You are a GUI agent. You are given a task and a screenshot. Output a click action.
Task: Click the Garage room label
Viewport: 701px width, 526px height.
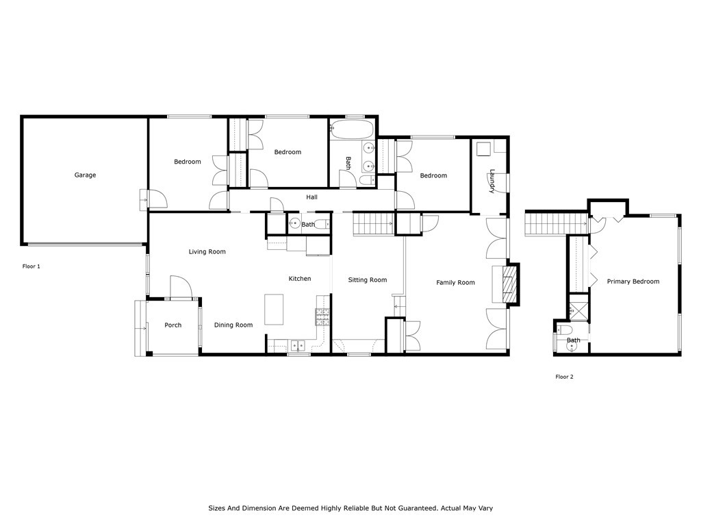[85, 175]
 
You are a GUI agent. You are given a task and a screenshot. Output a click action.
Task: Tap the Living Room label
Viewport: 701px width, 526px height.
[207, 252]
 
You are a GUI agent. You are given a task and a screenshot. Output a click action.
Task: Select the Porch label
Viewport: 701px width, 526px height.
[173, 325]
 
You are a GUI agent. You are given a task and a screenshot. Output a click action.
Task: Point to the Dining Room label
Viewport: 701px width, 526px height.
[233, 325]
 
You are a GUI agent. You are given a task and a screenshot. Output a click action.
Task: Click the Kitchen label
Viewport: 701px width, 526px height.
[300, 279]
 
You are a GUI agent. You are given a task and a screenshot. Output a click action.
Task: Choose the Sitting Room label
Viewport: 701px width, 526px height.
[368, 280]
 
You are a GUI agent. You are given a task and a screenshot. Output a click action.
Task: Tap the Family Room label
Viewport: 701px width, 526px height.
[455, 283]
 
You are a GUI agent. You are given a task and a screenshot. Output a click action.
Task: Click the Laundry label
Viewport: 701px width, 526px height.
[492, 181]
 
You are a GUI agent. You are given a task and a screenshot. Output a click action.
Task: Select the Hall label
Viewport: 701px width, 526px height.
[311, 197]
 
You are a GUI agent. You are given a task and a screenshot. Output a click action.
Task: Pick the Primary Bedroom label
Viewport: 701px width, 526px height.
[633, 281]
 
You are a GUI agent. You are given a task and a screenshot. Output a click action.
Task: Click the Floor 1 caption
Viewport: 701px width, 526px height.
[31, 266]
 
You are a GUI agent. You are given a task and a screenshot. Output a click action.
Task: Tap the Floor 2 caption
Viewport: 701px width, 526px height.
[564, 377]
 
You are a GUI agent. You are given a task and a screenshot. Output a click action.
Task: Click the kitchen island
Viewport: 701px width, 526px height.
[274, 309]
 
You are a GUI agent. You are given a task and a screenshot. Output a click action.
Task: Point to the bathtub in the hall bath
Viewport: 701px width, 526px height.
[352, 129]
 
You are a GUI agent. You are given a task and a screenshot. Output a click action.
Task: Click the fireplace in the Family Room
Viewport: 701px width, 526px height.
[509, 284]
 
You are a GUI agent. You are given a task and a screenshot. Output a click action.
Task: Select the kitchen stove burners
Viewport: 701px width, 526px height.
[322, 316]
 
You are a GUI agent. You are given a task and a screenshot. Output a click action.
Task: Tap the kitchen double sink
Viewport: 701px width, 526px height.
[298, 345]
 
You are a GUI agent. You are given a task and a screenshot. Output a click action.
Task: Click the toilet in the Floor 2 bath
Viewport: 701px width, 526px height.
[564, 330]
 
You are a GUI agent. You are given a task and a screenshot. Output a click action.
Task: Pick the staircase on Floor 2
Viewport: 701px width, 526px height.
[556, 224]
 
